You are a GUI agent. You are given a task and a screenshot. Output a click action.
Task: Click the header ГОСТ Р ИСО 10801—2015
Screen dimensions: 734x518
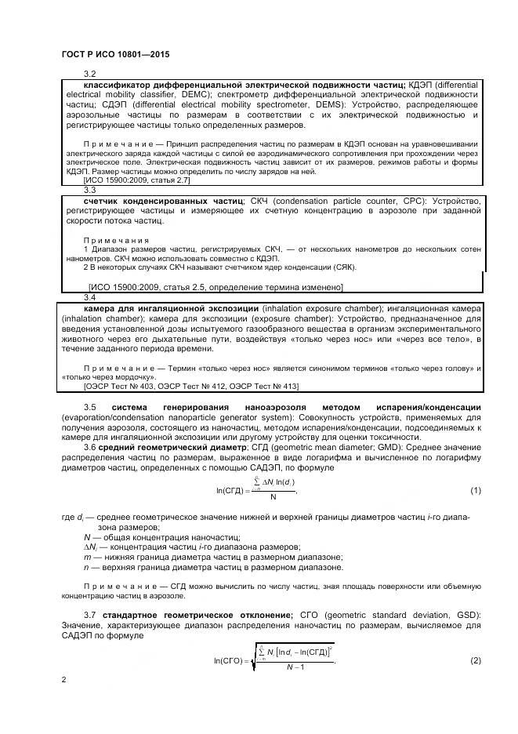114,55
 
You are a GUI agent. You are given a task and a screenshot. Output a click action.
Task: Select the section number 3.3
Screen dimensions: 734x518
89,189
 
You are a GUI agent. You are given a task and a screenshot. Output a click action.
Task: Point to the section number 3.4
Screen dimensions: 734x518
89,298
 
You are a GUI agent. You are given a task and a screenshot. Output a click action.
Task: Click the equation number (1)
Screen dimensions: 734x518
475,490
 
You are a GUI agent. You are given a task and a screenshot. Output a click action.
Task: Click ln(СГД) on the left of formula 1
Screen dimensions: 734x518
231,490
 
